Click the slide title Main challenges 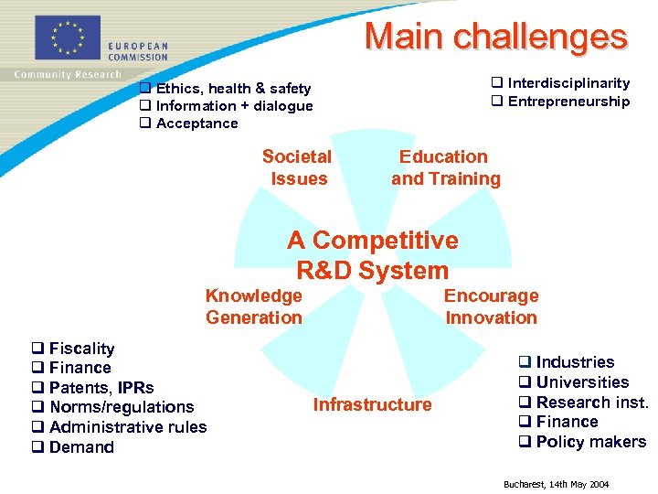495,37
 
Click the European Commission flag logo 67,38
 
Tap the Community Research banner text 68,75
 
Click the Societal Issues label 297,167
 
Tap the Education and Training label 445,167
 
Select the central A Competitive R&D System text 372,255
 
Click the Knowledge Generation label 253,306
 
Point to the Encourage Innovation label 491,306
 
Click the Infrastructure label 372,404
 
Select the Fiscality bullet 81,349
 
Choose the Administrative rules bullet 127,427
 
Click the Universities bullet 581,382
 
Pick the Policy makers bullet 589,442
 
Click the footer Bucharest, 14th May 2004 556,484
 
